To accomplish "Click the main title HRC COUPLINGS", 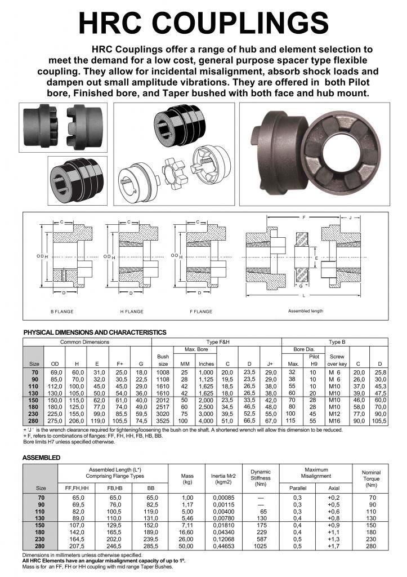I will [203, 22].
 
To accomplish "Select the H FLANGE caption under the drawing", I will [132, 312].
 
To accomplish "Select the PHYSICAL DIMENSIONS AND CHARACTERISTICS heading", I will [95, 332].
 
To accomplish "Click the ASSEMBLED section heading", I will [41, 458].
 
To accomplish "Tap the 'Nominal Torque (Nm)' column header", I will [370, 478].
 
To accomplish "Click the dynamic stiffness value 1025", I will [260, 547].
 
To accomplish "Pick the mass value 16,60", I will [187, 532].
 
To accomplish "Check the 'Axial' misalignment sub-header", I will [333, 487].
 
